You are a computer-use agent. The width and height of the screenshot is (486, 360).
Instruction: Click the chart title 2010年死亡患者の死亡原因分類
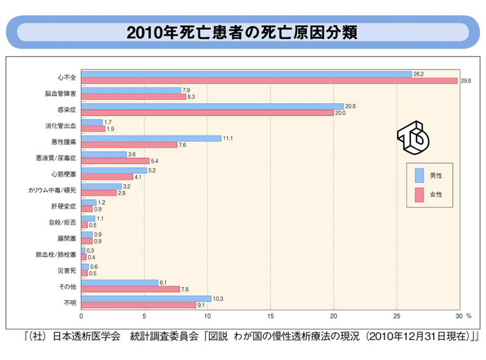[242, 33]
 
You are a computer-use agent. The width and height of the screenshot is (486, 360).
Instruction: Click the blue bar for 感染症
[212, 106]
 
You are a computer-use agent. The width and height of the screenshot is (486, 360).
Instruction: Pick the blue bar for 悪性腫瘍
[151, 138]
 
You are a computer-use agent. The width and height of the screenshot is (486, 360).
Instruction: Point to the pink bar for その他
[131, 289]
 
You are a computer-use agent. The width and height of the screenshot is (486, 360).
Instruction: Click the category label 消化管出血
[62, 126]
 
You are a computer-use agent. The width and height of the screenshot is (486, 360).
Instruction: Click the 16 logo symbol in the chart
[413, 139]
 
